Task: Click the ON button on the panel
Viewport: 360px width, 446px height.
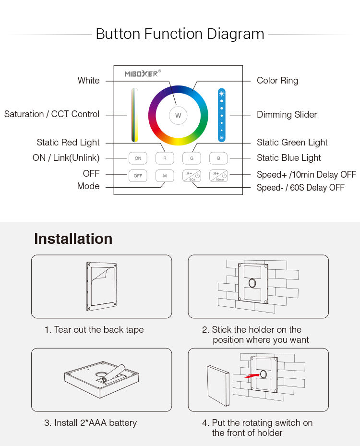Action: coord(138,158)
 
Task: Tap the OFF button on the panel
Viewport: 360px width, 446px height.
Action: coord(138,176)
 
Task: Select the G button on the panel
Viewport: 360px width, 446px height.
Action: coord(192,158)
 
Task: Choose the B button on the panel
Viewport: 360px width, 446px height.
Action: coord(218,158)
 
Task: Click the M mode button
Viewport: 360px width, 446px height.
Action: coord(165,176)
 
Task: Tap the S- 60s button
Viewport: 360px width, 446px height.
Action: coord(192,176)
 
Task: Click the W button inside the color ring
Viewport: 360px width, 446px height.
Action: coord(178,116)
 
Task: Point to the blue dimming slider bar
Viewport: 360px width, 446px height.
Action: coord(221,115)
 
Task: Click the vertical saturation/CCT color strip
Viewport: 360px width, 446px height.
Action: coord(135,115)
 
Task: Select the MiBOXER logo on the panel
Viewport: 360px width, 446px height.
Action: coord(143,73)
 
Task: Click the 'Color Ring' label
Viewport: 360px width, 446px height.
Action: coord(277,81)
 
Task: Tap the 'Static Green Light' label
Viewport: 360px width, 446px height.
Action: coord(292,143)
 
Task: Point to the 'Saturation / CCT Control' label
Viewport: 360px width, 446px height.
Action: coord(52,114)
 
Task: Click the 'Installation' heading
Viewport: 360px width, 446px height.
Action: coord(73,239)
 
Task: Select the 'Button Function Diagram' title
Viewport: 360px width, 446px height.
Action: coord(180,34)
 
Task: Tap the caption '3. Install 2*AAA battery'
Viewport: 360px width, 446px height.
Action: coord(91,423)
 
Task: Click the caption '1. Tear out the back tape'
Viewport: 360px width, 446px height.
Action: coord(94,330)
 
